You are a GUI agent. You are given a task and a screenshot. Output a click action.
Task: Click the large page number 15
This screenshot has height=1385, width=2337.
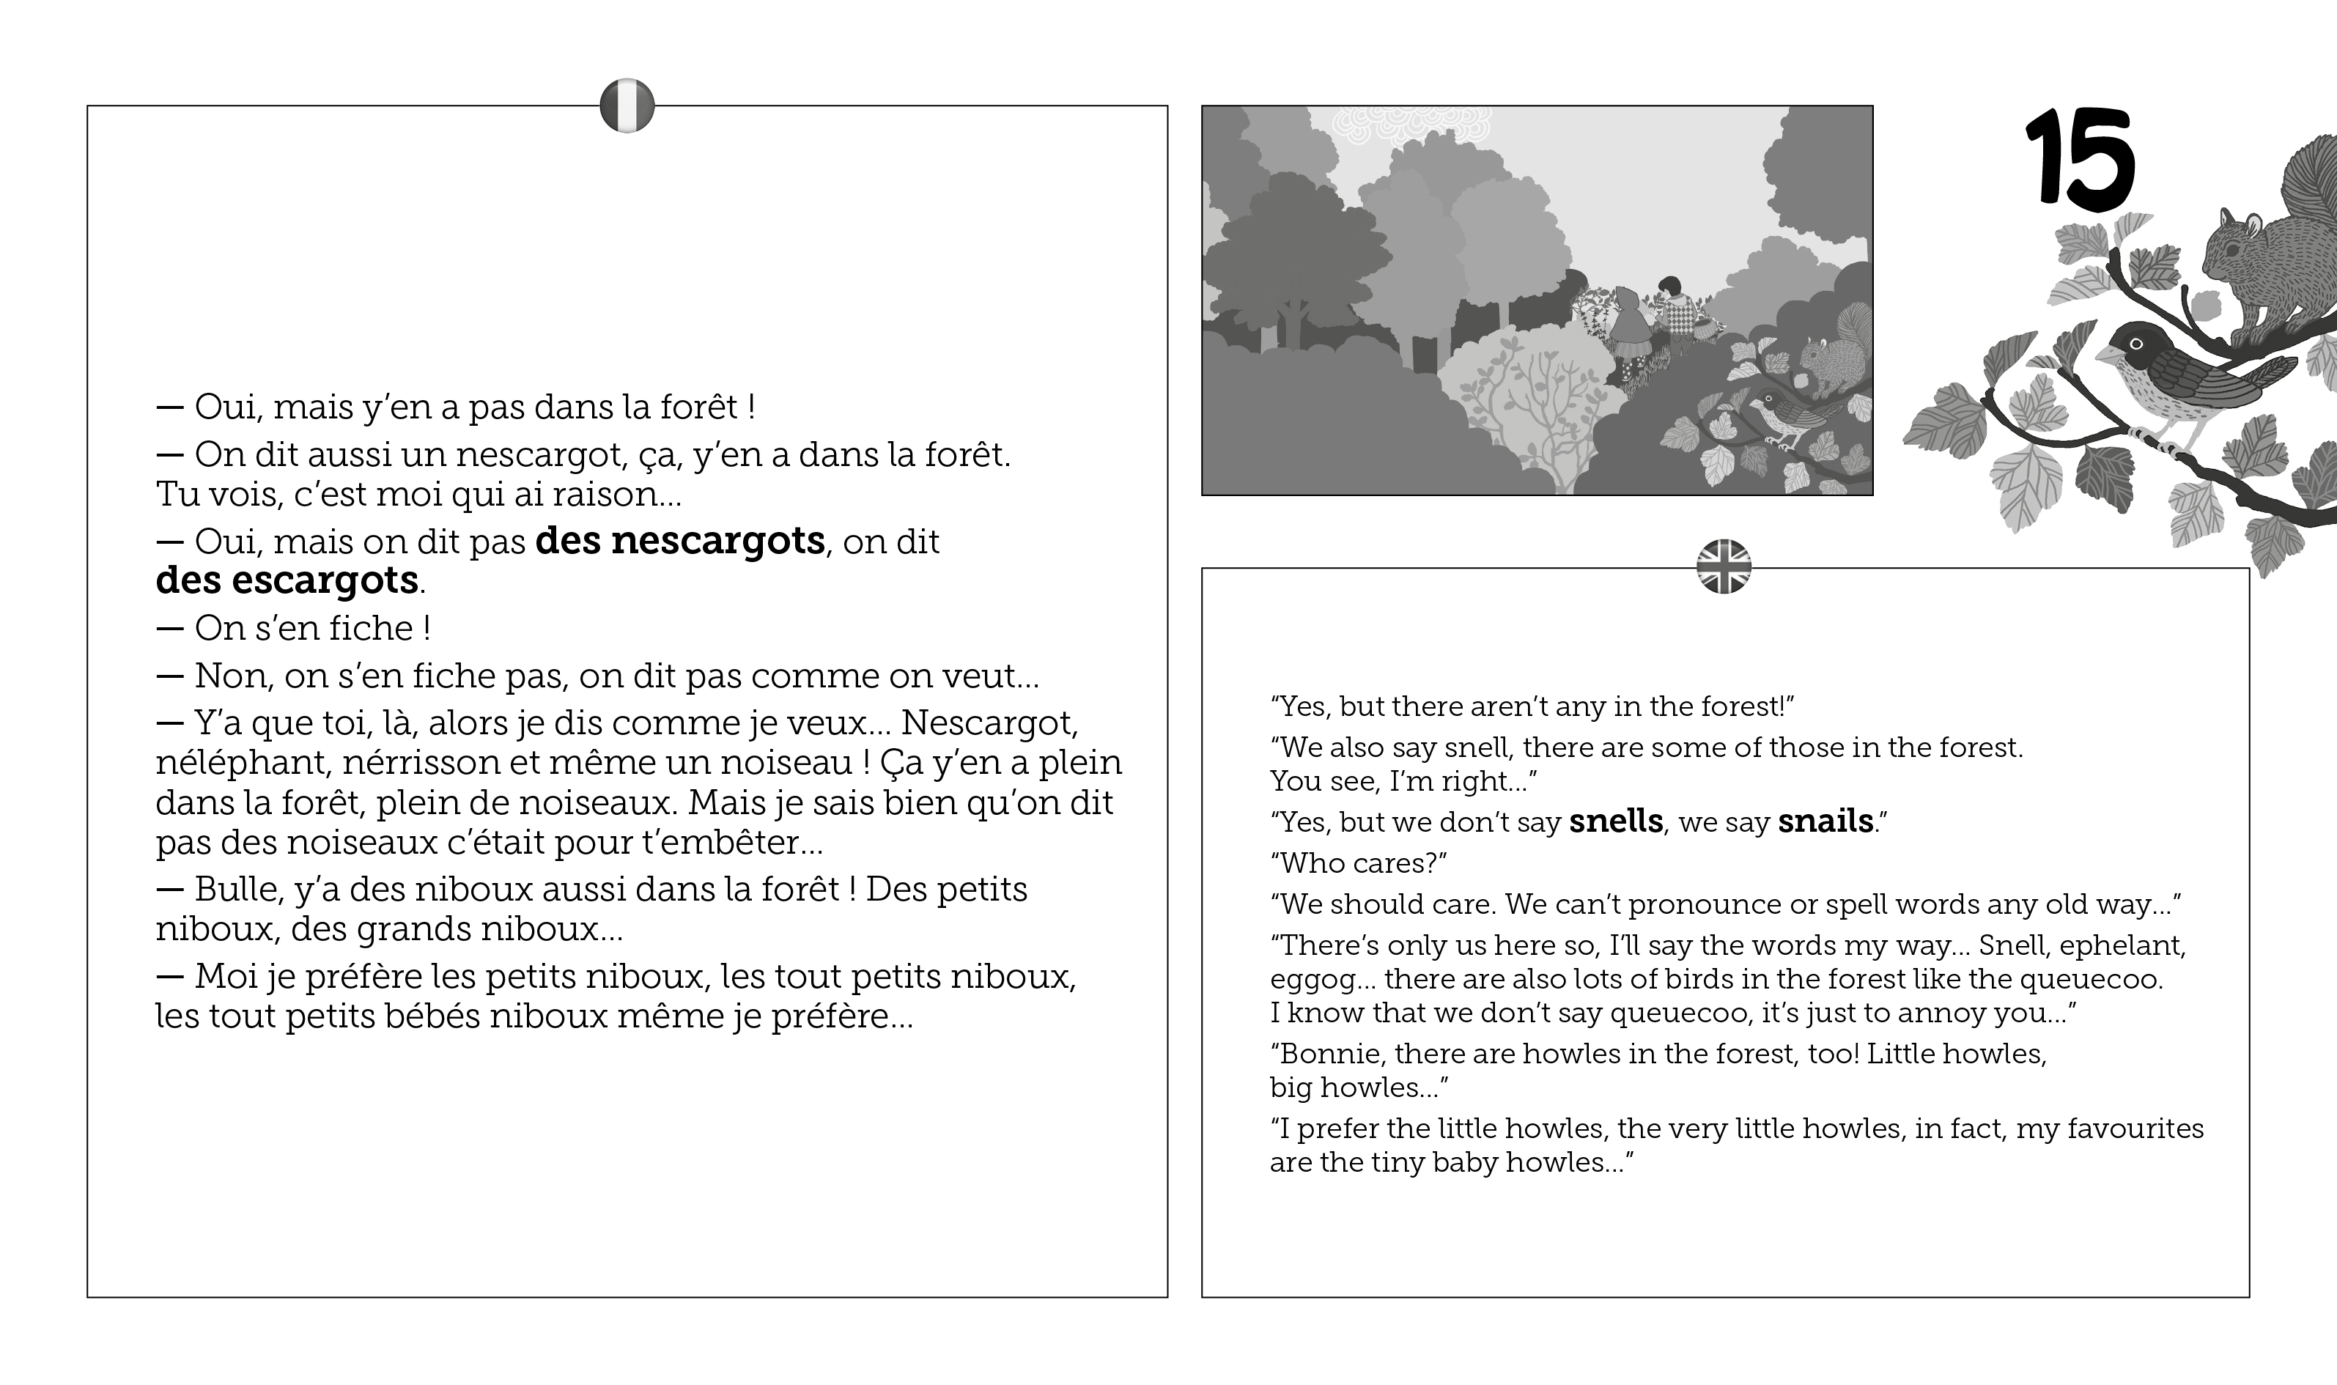[x=2079, y=156]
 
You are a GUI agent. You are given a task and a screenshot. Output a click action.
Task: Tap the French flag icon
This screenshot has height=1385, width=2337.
[x=627, y=106]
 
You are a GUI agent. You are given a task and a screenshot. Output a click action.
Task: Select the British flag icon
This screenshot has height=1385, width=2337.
[x=1723, y=566]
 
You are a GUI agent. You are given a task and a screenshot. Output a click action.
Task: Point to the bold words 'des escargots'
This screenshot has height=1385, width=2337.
[x=287, y=580]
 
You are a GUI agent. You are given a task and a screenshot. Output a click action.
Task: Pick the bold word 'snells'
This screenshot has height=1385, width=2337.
[x=1616, y=821]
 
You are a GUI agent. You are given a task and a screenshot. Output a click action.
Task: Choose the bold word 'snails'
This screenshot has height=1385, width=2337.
[x=1825, y=821]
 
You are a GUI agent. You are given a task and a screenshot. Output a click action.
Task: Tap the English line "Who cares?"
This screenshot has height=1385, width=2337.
[x=1358, y=863]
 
